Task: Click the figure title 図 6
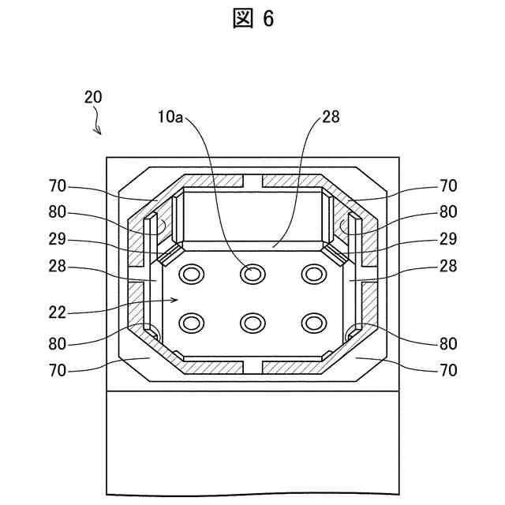coord(253,19)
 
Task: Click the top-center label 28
coord(331,118)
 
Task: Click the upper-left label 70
coord(58,187)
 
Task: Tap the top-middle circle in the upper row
coord(252,274)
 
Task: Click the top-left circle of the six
coord(192,274)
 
